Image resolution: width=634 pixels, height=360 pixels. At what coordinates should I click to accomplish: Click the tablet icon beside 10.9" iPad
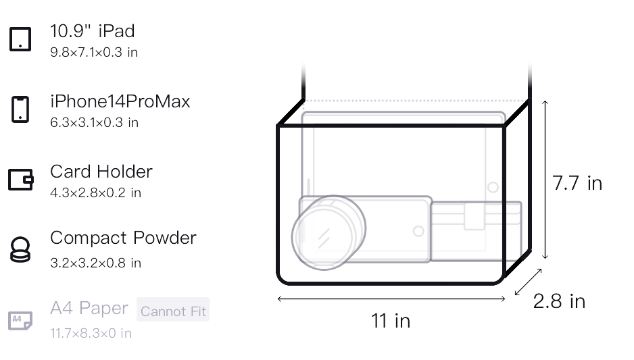pyautogui.click(x=20, y=39)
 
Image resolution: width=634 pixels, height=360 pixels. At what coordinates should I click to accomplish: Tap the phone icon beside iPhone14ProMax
pyautogui.click(x=20, y=109)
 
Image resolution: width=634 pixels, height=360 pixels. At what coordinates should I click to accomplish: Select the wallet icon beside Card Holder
pyautogui.click(x=21, y=180)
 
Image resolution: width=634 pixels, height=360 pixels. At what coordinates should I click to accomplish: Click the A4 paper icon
pyautogui.click(x=20, y=320)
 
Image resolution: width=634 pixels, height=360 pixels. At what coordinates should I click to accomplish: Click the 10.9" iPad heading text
pyautogui.click(x=92, y=31)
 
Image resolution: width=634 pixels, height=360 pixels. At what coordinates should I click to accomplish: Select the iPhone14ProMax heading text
pyautogui.click(x=120, y=101)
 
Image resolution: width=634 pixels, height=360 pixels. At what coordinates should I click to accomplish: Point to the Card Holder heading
pyautogui.click(x=101, y=172)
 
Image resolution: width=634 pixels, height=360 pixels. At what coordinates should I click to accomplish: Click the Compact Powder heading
pyautogui.click(x=123, y=238)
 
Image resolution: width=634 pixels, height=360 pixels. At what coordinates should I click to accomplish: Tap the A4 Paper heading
pyautogui.click(x=89, y=308)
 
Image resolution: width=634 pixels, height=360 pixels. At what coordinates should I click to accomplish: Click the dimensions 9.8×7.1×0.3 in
pyautogui.click(x=94, y=53)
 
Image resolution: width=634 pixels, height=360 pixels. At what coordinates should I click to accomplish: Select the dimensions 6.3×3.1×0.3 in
pyautogui.click(x=94, y=123)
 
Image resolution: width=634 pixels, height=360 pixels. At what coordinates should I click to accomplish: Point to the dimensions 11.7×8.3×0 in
pyautogui.click(x=91, y=334)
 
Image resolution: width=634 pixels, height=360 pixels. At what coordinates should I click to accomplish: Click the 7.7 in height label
pyautogui.click(x=577, y=183)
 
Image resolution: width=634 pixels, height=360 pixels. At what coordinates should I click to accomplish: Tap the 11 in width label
pyautogui.click(x=391, y=321)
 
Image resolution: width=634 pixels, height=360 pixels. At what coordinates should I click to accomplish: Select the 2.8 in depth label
pyautogui.click(x=559, y=301)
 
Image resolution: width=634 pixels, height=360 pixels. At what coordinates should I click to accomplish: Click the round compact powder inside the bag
pyautogui.click(x=328, y=232)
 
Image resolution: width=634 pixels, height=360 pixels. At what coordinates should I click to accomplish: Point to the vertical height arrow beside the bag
pyautogui.click(x=545, y=180)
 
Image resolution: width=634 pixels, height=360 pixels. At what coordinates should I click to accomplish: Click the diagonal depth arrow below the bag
pyautogui.click(x=528, y=282)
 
